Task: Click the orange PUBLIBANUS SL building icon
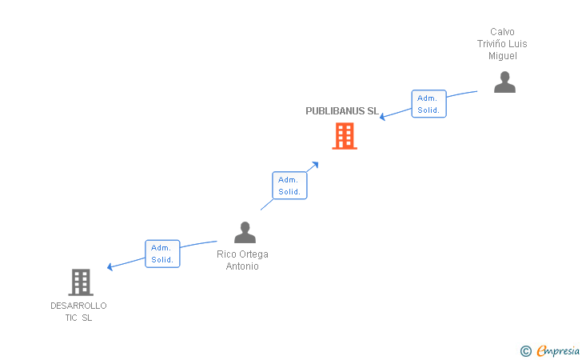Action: coord(345,136)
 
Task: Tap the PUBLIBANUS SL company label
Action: coord(342,111)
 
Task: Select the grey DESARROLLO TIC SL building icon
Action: coord(81,282)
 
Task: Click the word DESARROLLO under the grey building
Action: coord(78,306)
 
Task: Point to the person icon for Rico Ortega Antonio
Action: coord(245,233)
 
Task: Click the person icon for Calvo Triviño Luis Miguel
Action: coord(504,82)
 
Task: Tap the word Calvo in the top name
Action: coord(503,32)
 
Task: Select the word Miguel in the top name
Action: coord(503,56)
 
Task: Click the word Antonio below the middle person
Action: coord(242,266)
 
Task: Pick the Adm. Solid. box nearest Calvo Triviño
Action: coord(429,104)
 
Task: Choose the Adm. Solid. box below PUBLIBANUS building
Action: coord(289,186)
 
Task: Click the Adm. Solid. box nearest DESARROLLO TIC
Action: coord(162,254)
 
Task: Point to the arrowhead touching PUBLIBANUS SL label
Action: coord(383,117)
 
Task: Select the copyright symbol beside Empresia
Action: coord(525,350)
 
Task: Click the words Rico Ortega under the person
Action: coord(242,254)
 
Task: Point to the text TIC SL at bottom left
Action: coord(78,318)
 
